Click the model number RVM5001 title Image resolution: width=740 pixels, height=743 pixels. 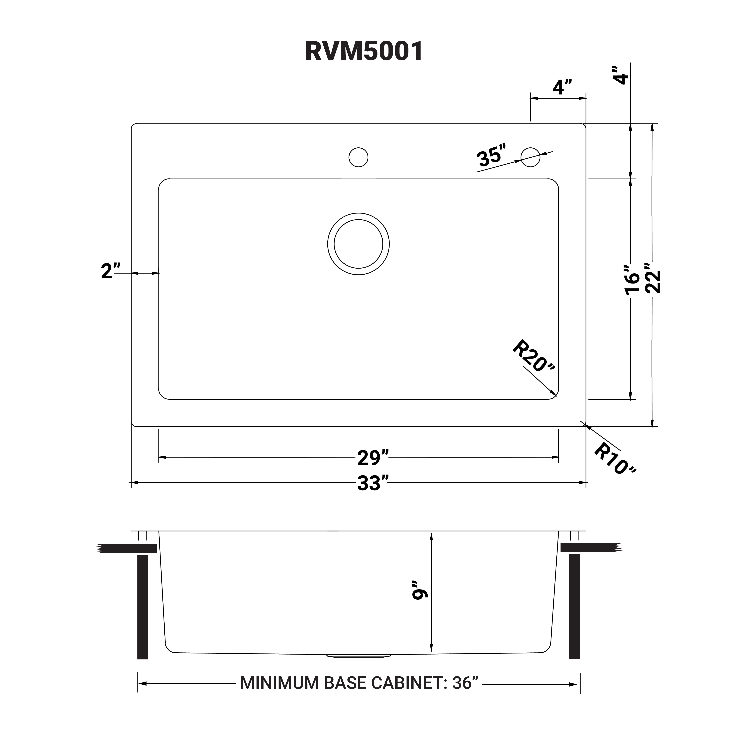point(364,51)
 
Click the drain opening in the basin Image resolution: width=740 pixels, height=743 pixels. point(358,244)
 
